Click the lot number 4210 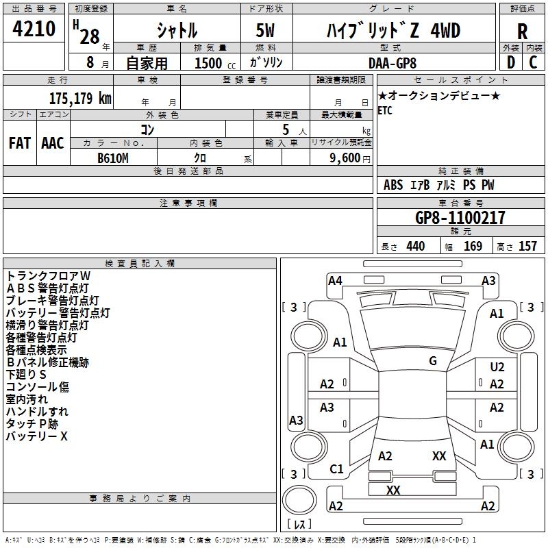(x=34, y=29)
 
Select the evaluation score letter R (x=523, y=32)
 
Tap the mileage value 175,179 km (x=80, y=98)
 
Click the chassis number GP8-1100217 (x=460, y=219)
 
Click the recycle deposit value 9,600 (x=345, y=158)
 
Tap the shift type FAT (x=20, y=143)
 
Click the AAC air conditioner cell (x=53, y=143)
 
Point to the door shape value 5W (x=264, y=32)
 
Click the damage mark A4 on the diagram (x=335, y=280)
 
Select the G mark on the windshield (x=433, y=361)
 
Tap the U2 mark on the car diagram (x=497, y=368)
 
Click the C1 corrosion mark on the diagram (x=336, y=469)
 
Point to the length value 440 (x=415, y=247)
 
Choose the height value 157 (x=527, y=247)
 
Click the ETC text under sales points (x=385, y=111)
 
